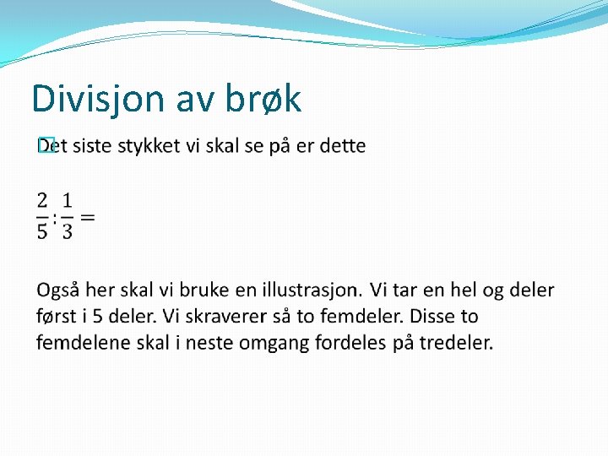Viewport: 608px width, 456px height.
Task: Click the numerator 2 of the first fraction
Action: click(x=42, y=201)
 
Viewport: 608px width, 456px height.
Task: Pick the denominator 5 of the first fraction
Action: click(x=42, y=231)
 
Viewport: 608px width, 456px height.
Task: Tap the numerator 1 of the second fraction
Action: click(x=67, y=201)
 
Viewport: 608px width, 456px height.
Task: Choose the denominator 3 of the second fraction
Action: click(x=67, y=231)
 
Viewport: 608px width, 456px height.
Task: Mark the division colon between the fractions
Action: click(x=54, y=217)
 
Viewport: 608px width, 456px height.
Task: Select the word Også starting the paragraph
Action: click(x=58, y=290)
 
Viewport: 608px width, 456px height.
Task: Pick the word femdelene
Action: click(x=77, y=343)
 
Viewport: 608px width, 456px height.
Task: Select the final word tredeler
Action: click(x=457, y=343)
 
